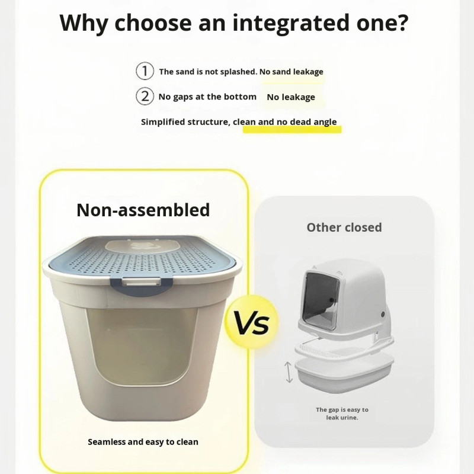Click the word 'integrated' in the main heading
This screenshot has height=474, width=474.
(290, 24)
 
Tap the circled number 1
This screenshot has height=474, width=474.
(145, 71)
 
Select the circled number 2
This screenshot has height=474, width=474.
(145, 96)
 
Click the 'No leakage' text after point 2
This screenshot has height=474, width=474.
(291, 97)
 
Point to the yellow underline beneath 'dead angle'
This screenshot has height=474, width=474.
(292, 130)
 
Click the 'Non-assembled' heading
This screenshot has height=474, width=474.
(143, 210)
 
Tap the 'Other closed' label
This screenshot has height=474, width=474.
(344, 228)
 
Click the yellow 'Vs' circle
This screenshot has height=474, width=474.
(251, 322)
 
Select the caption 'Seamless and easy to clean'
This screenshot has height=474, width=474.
(143, 442)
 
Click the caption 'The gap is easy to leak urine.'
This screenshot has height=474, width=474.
(342, 414)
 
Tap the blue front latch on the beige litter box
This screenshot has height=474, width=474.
(142, 284)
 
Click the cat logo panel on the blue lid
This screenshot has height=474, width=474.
(141, 245)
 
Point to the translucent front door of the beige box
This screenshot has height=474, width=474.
(142, 351)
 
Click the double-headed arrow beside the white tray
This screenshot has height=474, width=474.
(289, 373)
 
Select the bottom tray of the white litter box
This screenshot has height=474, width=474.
(344, 374)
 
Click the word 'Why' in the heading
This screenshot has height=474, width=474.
(84, 24)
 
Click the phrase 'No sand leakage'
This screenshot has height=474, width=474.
(291, 72)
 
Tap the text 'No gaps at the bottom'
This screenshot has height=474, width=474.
(207, 97)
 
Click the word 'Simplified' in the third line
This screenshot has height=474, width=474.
(163, 122)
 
